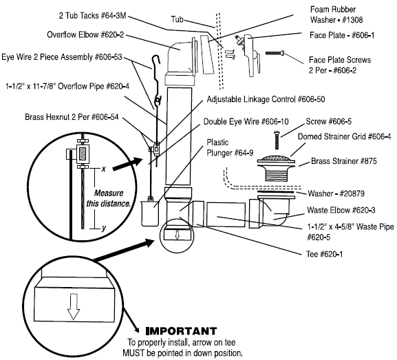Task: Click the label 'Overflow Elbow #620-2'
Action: coord(85,34)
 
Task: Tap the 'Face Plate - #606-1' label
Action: coord(342,35)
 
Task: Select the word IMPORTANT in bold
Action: coord(181,331)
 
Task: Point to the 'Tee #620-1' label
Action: coord(324,254)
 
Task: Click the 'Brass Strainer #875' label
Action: coord(343,161)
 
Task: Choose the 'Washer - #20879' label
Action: coord(336,193)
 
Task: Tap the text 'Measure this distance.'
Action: coord(109,198)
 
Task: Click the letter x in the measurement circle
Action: coord(103,169)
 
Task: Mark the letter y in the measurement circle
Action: coord(104,229)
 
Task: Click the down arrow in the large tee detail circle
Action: coord(74,306)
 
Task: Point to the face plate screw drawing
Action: coord(275,53)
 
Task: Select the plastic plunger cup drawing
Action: coord(150,213)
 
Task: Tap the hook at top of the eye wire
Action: coord(156,61)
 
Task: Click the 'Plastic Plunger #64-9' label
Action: coord(230,147)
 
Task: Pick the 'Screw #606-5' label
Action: coord(328,121)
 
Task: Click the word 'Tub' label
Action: coord(177,19)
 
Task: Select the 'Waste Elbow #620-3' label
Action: coord(341,210)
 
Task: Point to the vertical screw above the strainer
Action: coord(277,140)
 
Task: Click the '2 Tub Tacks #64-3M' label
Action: coord(92,15)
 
